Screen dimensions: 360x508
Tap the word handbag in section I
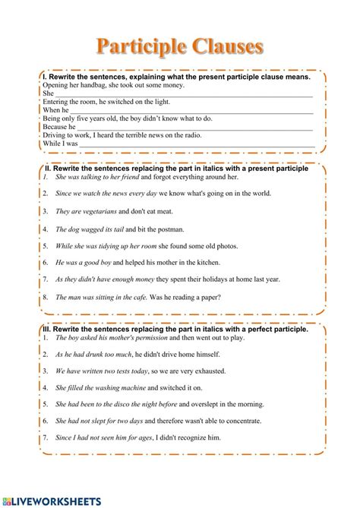(x=89, y=86)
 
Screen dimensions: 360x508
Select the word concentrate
(x=241, y=420)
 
